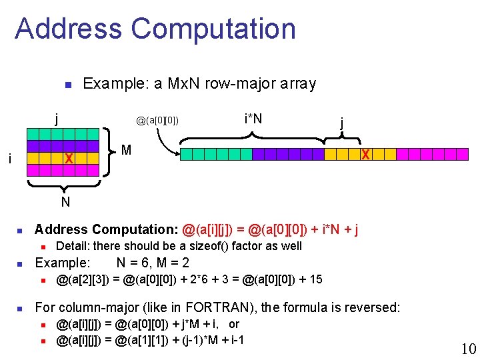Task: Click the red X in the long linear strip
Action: pos(365,155)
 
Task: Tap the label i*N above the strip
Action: pos(253,119)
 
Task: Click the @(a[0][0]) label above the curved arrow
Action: pos(157,121)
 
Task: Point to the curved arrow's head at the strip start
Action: pos(178,154)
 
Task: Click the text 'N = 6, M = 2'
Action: pos(152,263)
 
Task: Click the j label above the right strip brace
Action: pos(342,123)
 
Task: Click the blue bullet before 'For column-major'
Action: pos(20,309)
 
